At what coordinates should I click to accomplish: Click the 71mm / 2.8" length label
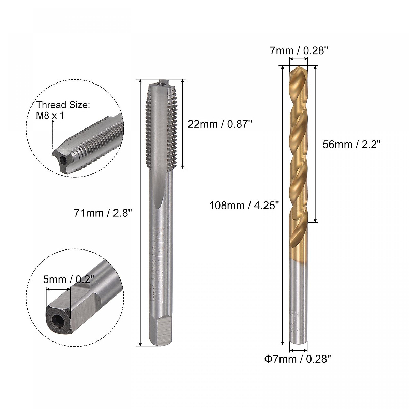(103, 213)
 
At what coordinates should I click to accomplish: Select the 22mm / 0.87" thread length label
(219, 124)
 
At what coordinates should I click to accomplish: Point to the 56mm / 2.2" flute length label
(351, 145)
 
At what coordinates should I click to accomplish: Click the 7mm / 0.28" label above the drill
(299, 51)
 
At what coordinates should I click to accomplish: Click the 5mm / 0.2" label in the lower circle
(69, 280)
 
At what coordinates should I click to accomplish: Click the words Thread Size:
(63, 105)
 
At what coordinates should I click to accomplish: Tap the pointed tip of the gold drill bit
(297, 70)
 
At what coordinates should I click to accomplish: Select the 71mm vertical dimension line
(141, 213)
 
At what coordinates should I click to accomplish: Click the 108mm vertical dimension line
(283, 204)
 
